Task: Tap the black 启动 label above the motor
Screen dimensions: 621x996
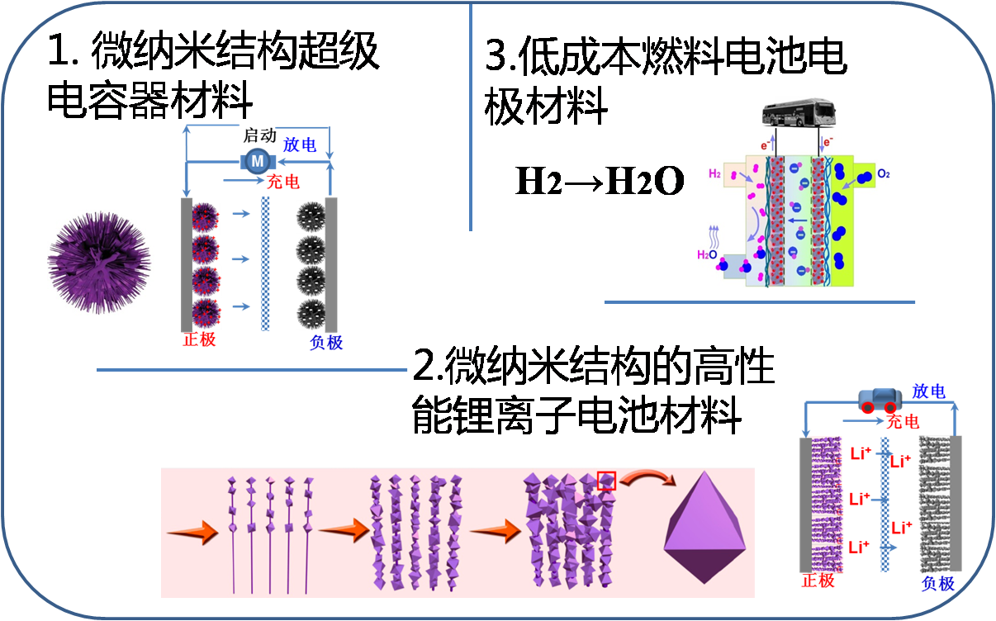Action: (x=259, y=135)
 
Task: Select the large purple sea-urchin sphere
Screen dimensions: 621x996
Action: (x=100, y=262)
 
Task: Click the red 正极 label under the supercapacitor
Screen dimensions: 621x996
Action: (x=199, y=339)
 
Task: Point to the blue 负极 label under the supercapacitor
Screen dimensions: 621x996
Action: (x=326, y=342)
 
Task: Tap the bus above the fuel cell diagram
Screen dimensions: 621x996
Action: (x=795, y=113)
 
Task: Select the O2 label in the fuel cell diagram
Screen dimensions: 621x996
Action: (x=883, y=173)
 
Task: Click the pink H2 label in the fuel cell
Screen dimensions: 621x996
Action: (x=715, y=174)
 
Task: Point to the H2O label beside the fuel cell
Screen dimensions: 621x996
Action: (x=709, y=254)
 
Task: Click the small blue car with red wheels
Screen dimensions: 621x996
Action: (x=878, y=401)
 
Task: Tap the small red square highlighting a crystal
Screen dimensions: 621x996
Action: (x=606, y=480)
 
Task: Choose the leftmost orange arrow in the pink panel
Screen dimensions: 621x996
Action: (x=192, y=533)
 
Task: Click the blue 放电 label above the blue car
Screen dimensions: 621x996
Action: (x=928, y=391)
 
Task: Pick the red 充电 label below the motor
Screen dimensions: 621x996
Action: (x=282, y=181)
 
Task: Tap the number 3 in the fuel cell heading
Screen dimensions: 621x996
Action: (x=496, y=56)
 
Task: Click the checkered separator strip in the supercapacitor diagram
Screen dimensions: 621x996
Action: (x=265, y=263)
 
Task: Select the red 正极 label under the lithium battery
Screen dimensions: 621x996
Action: (x=818, y=581)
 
